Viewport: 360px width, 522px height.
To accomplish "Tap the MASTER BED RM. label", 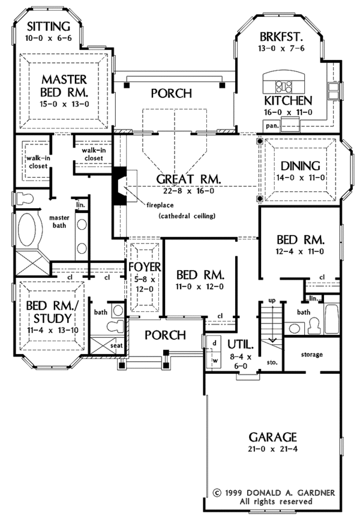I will pyautogui.click(x=64, y=86).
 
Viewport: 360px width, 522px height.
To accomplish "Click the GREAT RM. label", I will pyautogui.click(x=189, y=179).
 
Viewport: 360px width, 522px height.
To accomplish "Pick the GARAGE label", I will pyautogui.click(x=260, y=436).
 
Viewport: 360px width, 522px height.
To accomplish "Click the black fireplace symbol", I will pyautogui.click(x=120, y=187).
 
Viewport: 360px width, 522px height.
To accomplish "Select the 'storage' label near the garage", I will pyautogui.click(x=312, y=355).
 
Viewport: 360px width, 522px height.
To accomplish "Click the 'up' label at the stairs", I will pyautogui.click(x=271, y=300).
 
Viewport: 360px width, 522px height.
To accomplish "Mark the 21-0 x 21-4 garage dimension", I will pyautogui.click(x=260, y=451).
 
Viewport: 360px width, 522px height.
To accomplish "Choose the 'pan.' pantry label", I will pyautogui.click(x=271, y=126).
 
